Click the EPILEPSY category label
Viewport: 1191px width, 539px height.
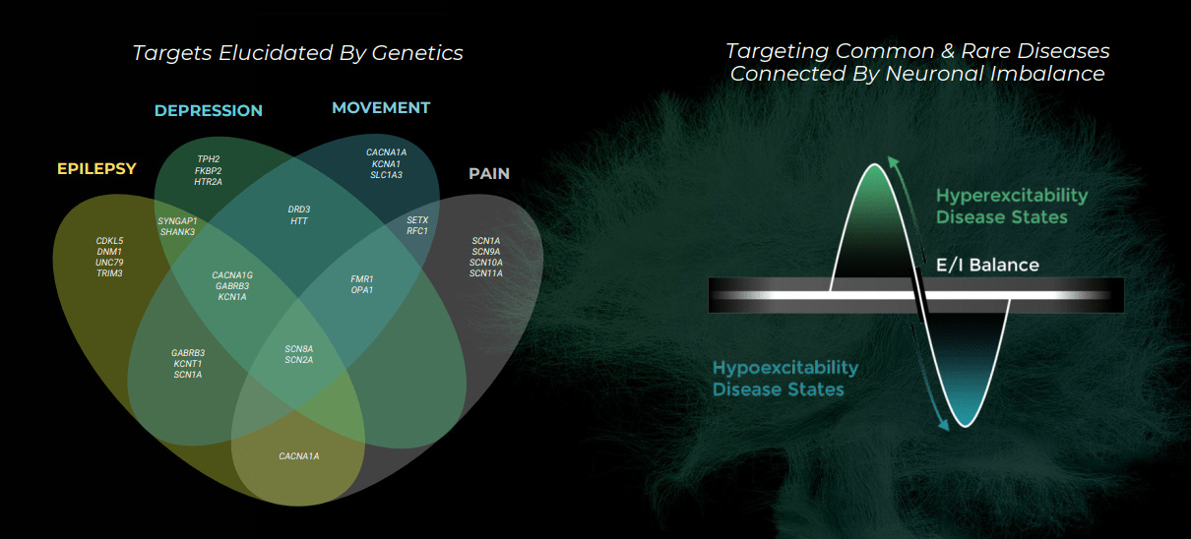point(96,168)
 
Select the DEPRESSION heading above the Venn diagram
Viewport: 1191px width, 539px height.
point(209,110)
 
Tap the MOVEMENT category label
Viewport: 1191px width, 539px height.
point(381,108)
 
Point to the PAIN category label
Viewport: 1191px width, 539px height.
point(489,174)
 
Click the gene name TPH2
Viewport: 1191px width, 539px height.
point(209,159)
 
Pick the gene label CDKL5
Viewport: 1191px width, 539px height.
point(109,241)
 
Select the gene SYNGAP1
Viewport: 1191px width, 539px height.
point(177,221)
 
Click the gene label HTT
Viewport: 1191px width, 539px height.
point(299,221)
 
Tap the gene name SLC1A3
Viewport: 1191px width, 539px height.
point(387,175)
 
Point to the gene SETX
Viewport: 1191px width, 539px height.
point(417,220)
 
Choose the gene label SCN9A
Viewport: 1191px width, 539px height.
point(486,252)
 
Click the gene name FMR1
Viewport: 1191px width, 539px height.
point(362,279)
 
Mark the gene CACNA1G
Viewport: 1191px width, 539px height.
point(232,275)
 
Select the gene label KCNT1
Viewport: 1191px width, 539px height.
point(188,364)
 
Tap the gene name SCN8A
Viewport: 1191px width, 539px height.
point(299,349)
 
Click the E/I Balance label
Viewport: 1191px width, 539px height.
point(987,265)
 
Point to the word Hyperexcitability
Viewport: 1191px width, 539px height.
point(1012,196)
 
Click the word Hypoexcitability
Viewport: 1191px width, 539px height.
point(785,368)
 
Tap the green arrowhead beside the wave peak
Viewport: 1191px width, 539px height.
point(894,162)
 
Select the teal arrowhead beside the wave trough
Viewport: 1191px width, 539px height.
point(943,424)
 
